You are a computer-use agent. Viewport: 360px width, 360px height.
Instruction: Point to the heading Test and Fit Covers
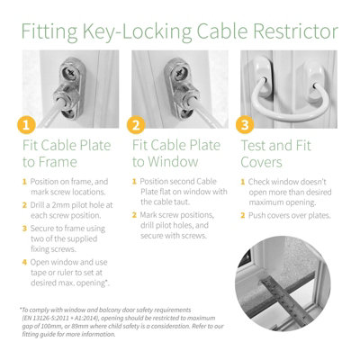click(x=274, y=153)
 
